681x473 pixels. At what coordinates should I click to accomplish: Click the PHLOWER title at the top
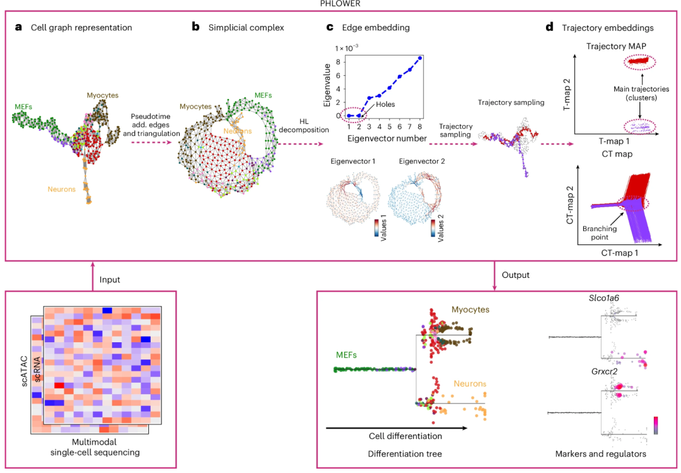[x=340, y=4]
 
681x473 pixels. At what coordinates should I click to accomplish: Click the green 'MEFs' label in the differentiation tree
[x=347, y=356]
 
